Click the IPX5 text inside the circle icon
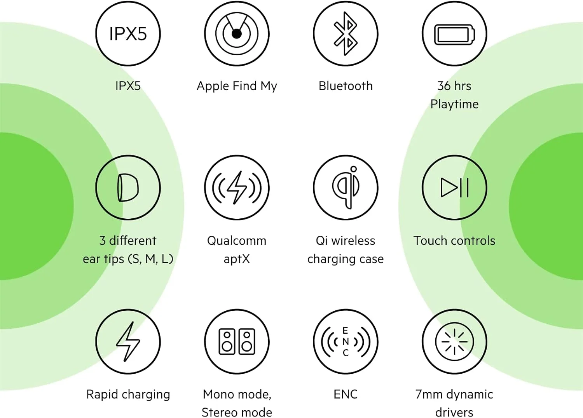click(x=128, y=34)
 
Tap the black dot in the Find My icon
click(x=236, y=34)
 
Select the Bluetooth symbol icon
click(x=346, y=33)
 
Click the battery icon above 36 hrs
click(x=454, y=34)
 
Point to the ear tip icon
click(x=128, y=188)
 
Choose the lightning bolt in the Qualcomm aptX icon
click(x=237, y=188)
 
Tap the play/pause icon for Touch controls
click(x=454, y=188)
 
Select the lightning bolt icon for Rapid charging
click(x=128, y=341)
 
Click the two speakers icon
click(x=237, y=341)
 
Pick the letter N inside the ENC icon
click(x=346, y=342)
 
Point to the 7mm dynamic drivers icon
click(x=454, y=341)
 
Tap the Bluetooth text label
click(x=346, y=86)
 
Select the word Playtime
click(x=454, y=104)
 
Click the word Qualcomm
click(x=237, y=240)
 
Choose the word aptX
click(x=237, y=259)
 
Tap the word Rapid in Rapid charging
click(x=102, y=394)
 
